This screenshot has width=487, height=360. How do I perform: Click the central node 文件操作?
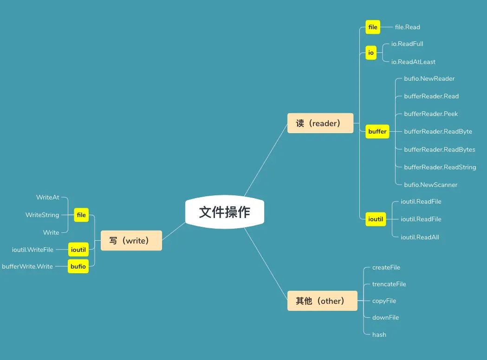225,212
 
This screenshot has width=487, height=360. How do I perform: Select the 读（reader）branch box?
320,123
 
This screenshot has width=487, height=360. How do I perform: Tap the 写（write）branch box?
131,241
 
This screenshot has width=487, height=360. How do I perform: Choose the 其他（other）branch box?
322,301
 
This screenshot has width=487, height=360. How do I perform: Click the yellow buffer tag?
377,132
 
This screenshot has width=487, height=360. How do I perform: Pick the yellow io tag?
371,53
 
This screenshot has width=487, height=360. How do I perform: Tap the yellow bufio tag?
78,267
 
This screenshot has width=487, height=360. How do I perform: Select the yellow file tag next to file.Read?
373,27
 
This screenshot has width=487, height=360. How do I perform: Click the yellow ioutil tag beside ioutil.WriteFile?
78,250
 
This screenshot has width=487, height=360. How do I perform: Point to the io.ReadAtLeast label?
413,62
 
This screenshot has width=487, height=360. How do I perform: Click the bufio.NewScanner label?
430,185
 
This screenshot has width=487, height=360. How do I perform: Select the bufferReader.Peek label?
431,114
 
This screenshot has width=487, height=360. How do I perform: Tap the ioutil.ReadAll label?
420,237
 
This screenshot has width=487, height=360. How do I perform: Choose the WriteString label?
42,215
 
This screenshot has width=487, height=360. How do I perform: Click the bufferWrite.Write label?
27,266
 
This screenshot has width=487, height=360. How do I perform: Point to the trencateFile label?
389,284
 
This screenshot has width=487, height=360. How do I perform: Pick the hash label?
379,334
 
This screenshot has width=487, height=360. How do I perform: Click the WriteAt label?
48,197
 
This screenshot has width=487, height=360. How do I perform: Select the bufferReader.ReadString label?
440,167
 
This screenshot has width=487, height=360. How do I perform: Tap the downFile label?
385,317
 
